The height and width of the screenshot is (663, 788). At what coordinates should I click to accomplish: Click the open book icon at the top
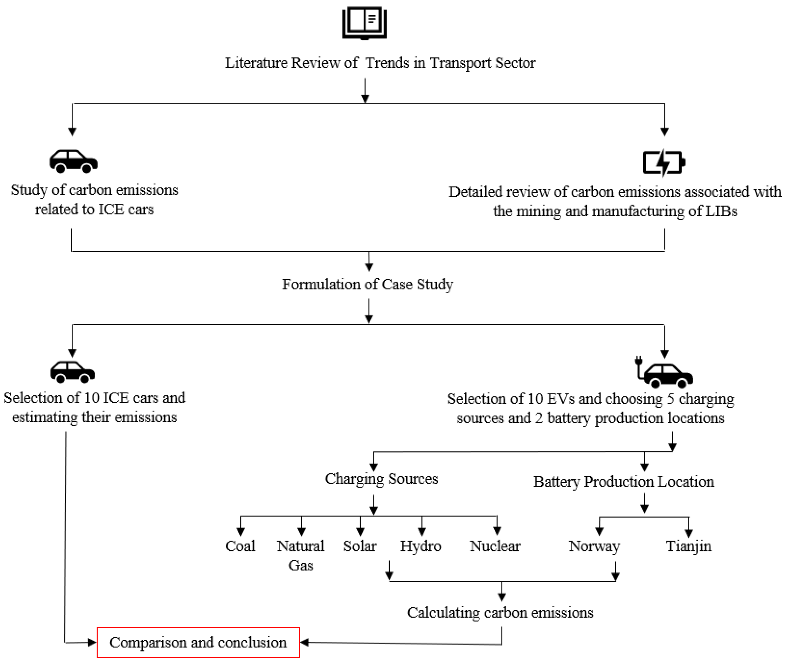click(x=364, y=23)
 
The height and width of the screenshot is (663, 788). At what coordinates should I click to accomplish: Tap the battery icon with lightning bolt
click(x=663, y=162)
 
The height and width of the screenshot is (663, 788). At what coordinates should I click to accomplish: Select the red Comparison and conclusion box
click(x=198, y=642)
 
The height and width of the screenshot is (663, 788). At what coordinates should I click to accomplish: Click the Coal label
click(x=240, y=546)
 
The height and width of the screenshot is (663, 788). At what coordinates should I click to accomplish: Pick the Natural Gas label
click(x=301, y=555)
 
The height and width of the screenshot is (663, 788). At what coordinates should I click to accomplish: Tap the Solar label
click(x=360, y=546)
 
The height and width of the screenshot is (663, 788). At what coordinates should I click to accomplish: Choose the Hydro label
click(x=420, y=546)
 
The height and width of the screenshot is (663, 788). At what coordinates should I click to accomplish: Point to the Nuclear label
click(x=495, y=546)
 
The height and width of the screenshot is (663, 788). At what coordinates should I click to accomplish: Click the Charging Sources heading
click(x=381, y=479)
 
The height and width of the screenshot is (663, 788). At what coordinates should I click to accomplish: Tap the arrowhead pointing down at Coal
click(x=241, y=532)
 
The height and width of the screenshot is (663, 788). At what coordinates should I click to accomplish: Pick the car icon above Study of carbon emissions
click(x=73, y=161)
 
